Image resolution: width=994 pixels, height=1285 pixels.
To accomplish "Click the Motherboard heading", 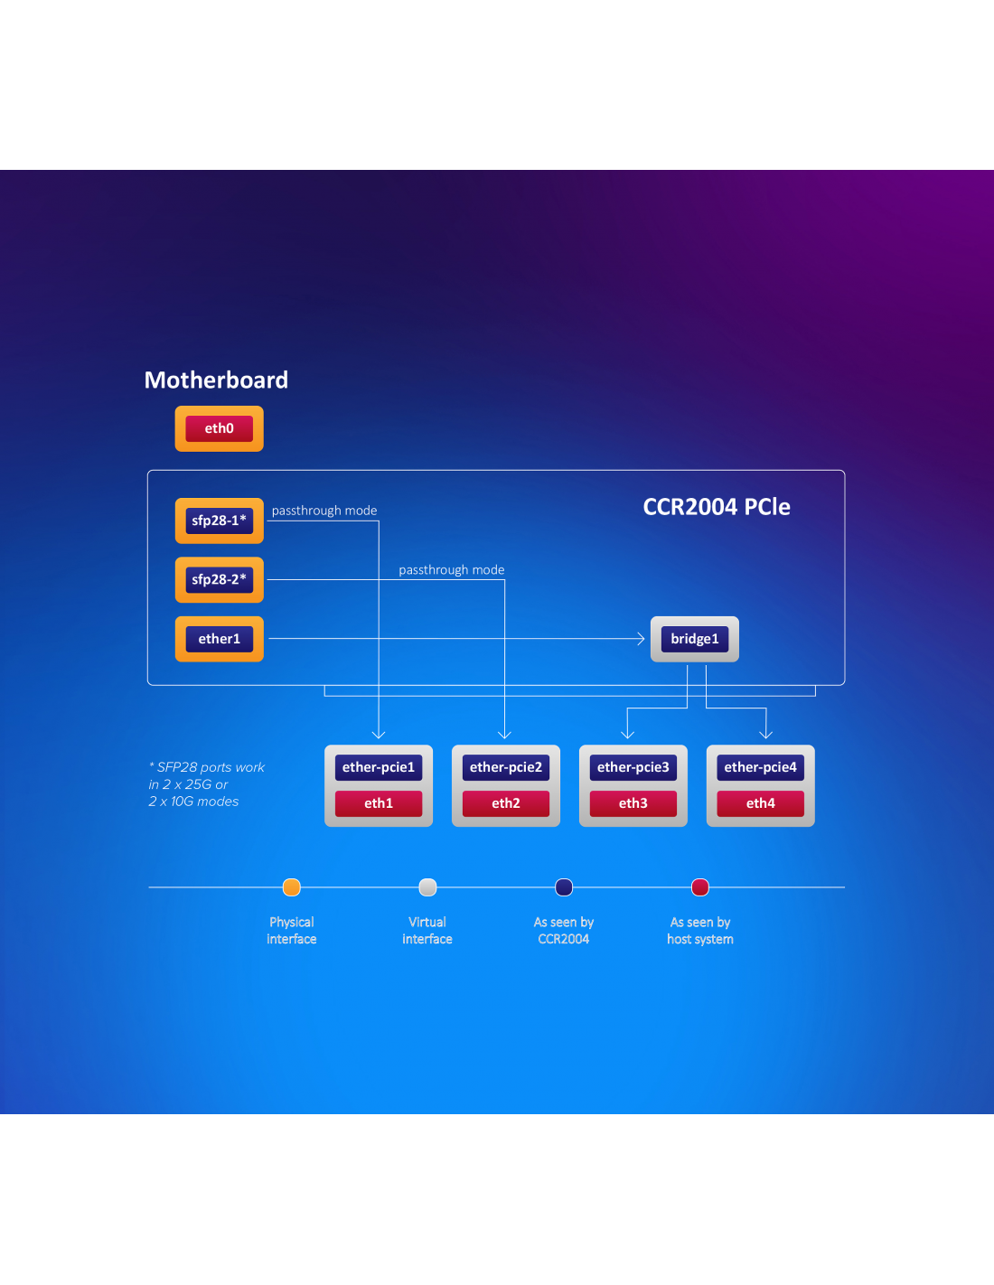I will coord(216,380).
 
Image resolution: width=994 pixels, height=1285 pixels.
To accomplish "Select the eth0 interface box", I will coord(219,428).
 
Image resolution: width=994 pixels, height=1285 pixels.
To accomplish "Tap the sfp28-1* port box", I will coord(219,521).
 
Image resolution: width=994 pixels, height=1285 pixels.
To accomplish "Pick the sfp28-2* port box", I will coord(219,580).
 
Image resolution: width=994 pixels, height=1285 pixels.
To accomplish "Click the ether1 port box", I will coord(219,639).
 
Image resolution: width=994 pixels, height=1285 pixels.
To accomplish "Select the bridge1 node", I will coord(694,639).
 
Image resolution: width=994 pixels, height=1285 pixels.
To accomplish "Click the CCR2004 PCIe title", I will coord(716,507).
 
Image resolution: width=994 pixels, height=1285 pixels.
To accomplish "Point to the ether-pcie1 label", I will coord(378,767).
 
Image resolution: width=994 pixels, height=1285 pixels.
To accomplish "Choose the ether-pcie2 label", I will coord(505,767).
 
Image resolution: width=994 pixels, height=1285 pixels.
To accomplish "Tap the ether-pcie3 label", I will coord(633,767).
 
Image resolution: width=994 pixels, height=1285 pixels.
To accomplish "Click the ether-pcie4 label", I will coord(760,767).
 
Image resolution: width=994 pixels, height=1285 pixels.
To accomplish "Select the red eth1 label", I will coord(378,803).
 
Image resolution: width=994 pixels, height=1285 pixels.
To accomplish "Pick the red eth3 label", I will coord(633,803).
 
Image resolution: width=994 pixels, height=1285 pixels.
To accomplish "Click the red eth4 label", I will coord(760,803).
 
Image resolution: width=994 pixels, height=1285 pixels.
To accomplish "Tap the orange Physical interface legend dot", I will coord(291,887).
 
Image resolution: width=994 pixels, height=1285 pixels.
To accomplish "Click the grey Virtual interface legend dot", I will coord(427,887).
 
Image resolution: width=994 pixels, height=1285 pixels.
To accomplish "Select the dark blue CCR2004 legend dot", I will coord(564,887).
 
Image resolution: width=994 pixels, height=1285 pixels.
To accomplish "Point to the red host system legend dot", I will coord(700,887).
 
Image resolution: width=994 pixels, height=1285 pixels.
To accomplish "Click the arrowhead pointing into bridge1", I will coord(641,639).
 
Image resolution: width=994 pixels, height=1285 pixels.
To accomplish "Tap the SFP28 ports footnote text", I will coord(207,784).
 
